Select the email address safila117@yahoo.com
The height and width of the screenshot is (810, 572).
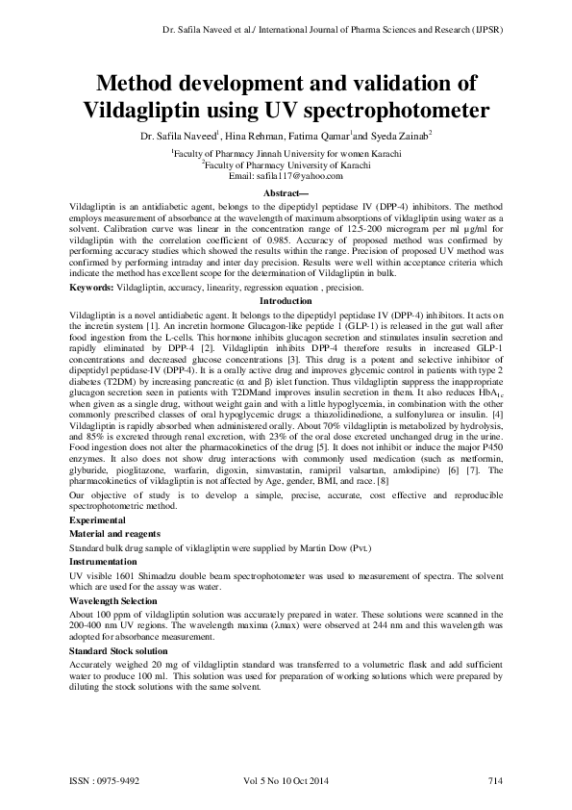(286, 178)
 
